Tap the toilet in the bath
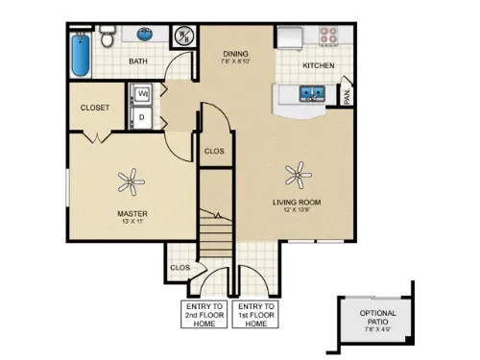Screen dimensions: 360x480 109,36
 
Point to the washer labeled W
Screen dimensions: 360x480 143,94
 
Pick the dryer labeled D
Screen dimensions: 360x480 143,118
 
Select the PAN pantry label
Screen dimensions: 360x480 347,97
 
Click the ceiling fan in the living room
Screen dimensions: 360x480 299,174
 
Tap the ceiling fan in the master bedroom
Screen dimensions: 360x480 129,179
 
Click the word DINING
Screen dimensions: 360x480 235,54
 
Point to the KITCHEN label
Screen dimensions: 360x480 318,65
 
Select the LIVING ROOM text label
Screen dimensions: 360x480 296,203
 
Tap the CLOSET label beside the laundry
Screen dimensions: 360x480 95,108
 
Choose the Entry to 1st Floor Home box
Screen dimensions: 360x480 255,315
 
